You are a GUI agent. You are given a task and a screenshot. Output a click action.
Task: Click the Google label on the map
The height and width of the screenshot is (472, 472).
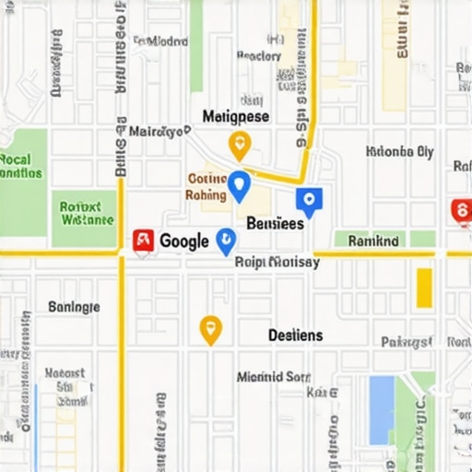click(184, 242)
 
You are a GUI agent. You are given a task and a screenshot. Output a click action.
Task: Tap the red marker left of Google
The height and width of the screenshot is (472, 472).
click(143, 241)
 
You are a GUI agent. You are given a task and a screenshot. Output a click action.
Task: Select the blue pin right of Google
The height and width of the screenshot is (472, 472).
click(226, 242)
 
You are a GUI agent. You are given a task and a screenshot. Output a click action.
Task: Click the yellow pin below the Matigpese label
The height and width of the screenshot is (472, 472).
click(239, 144)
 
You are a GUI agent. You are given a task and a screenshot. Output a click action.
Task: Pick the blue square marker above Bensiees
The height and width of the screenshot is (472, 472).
click(309, 200)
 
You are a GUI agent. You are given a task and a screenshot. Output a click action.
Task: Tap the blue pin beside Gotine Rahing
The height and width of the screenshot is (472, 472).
click(239, 185)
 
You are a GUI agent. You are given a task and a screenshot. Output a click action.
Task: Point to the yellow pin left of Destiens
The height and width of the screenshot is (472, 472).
click(211, 328)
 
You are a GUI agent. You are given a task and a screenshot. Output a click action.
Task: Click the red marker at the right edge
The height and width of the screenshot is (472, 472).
click(461, 211)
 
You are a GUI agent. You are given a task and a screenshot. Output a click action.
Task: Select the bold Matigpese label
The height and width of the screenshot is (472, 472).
click(236, 117)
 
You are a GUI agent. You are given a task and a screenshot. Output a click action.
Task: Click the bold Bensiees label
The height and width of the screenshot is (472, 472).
click(276, 223)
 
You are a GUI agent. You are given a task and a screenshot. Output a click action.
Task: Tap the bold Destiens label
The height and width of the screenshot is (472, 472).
click(295, 336)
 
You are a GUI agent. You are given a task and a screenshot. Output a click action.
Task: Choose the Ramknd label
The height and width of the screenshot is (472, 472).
click(373, 241)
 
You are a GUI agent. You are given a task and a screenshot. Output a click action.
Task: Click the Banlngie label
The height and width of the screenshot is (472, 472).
click(74, 307)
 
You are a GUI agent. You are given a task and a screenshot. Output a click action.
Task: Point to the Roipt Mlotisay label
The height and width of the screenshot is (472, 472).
click(277, 262)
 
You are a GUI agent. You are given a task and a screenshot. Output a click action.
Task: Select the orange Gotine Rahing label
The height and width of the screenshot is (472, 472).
click(206, 187)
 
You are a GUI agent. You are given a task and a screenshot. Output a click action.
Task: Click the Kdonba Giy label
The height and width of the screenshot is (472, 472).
click(399, 152)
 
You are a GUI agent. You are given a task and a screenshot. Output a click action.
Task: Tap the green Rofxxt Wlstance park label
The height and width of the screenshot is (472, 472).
click(86, 214)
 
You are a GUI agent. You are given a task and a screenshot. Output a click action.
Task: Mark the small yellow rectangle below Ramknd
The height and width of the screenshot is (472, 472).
click(424, 288)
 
